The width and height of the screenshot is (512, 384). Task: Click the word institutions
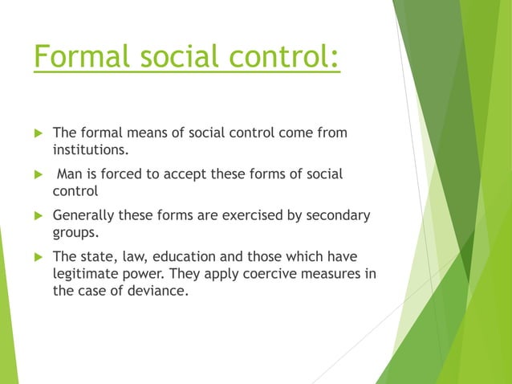pyautogui.click(x=90, y=149)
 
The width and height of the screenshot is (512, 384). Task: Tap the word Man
pyautogui.click(x=70, y=174)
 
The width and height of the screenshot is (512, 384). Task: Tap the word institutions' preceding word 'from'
pyautogui.click(x=331, y=132)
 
